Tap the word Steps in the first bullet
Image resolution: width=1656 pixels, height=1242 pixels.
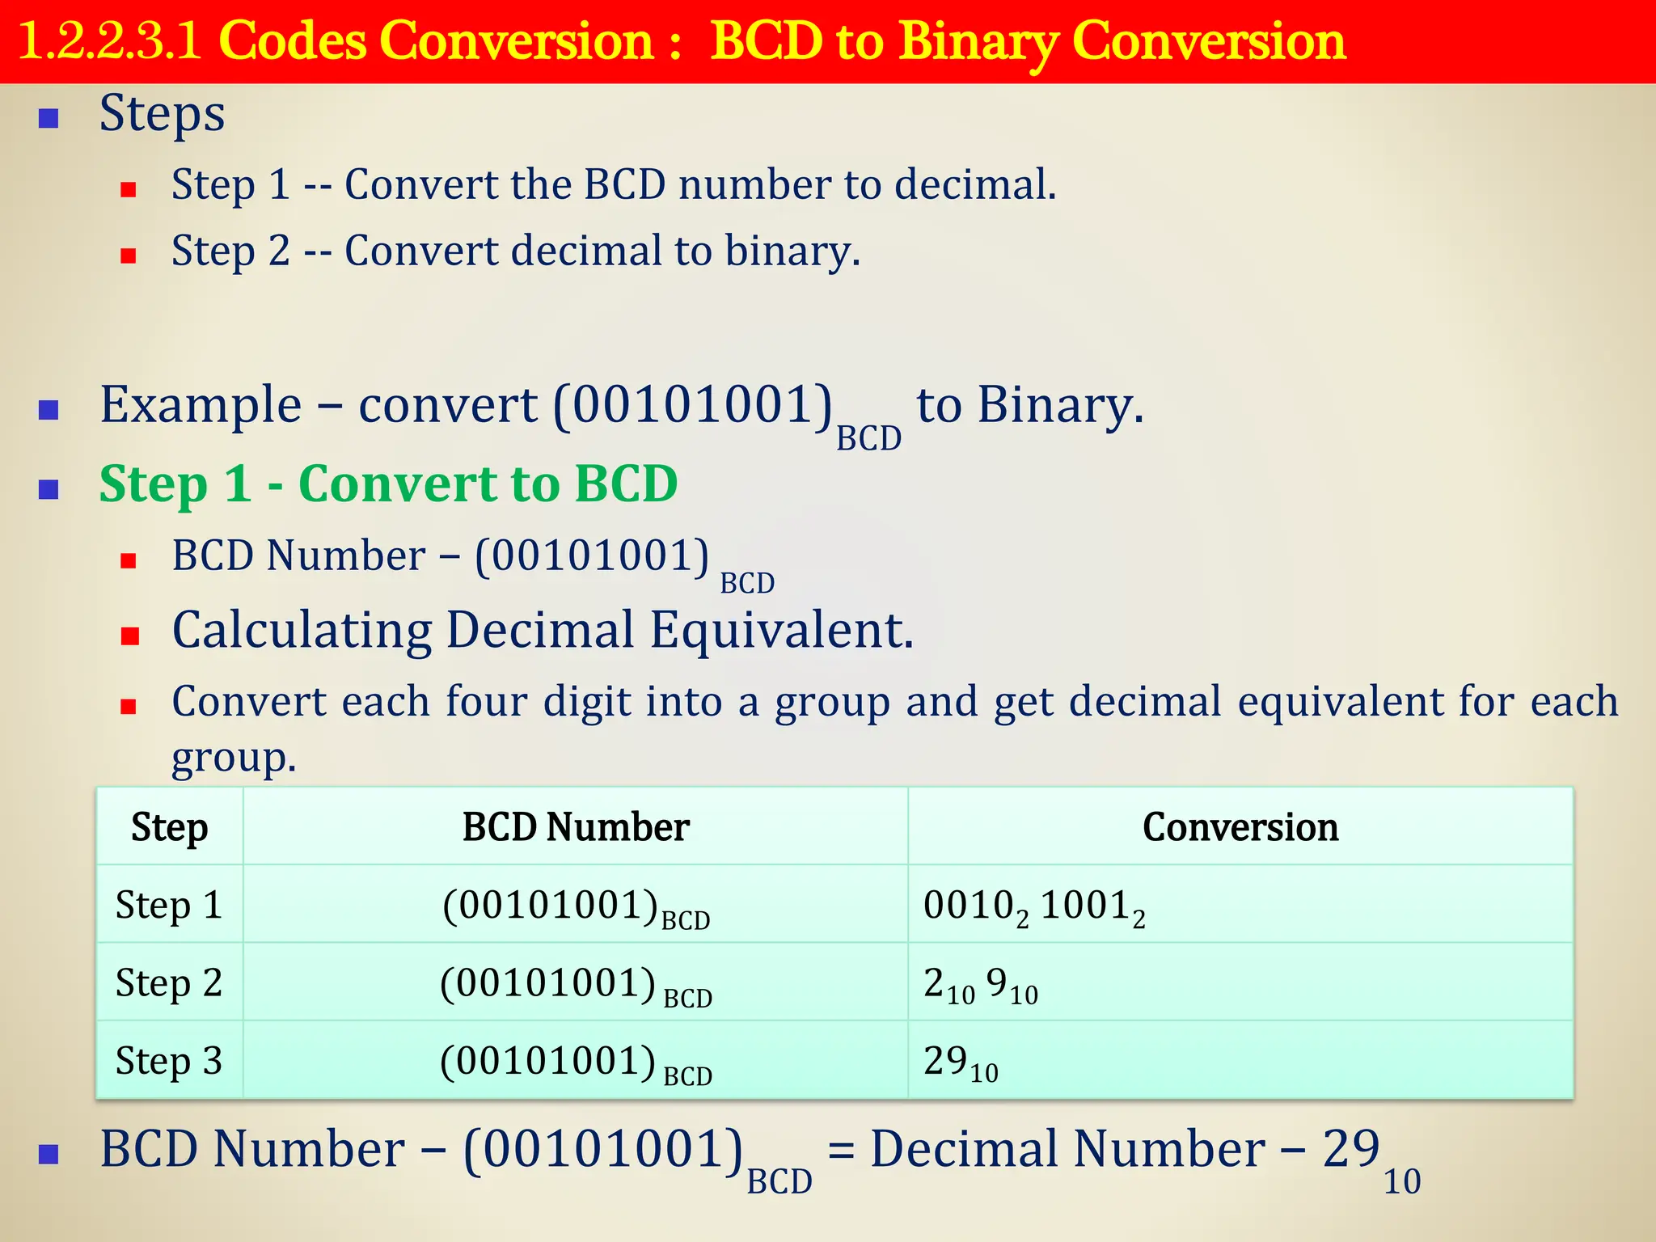[162, 113]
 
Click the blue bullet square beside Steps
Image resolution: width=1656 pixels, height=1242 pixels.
[49, 119]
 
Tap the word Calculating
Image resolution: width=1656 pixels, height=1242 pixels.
[302, 630]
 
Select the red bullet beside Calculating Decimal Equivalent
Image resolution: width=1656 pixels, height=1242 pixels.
[129, 636]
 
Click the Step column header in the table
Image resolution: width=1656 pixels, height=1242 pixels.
[170, 827]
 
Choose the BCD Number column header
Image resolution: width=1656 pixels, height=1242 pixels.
[576, 827]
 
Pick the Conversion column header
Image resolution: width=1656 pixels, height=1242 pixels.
[1240, 827]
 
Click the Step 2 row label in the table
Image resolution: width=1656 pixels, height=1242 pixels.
[169, 983]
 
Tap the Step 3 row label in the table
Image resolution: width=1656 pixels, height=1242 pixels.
[169, 1061]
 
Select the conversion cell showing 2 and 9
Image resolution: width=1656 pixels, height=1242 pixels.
[980, 984]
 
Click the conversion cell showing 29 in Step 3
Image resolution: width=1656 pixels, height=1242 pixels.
[961, 1062]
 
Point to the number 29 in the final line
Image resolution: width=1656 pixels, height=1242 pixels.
[1351, 1149]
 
